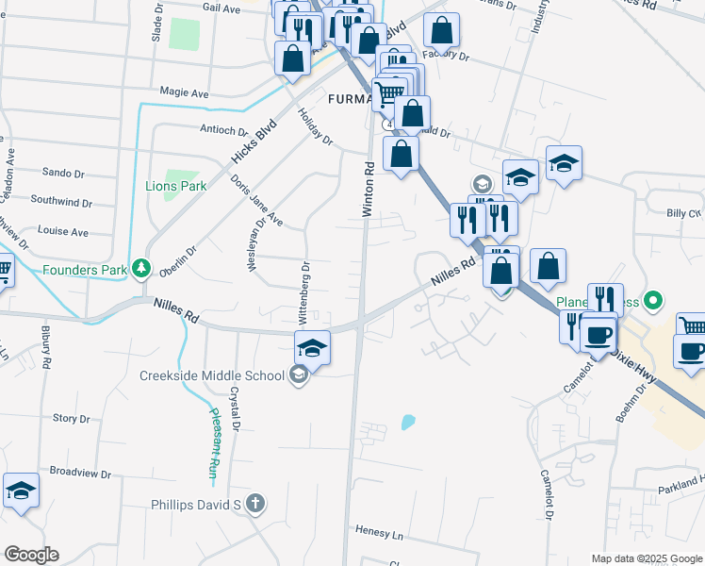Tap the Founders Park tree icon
tap(141, 270)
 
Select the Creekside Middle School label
tap(212, 375)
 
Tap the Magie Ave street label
tap(184, 93)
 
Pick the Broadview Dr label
tap(80, 473)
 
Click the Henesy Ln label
tap(380, 533)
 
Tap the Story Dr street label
tap(71, 418)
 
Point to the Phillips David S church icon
tap(254, 504)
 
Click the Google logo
tap(31, 555)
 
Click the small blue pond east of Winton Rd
tap(407, 422)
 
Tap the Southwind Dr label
tap(61, 201)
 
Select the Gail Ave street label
tap(221, 7)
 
